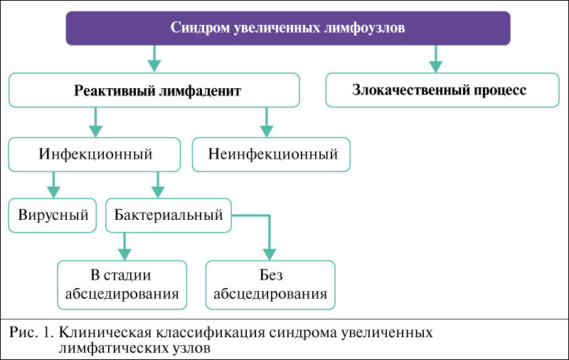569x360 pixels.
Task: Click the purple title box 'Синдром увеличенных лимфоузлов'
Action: pos(289,28)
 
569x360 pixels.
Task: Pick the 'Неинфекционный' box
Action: pos(272,154)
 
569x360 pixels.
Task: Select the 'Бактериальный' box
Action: pos(169,215)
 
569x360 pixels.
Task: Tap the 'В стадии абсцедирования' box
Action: pos(122,285)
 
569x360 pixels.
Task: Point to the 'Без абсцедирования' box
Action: pos(270,285)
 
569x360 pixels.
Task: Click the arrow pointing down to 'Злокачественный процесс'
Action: pos(435,60)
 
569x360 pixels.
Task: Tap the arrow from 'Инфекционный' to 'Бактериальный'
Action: pos(158,184)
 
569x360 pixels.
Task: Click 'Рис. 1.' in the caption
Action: pos(33,333)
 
